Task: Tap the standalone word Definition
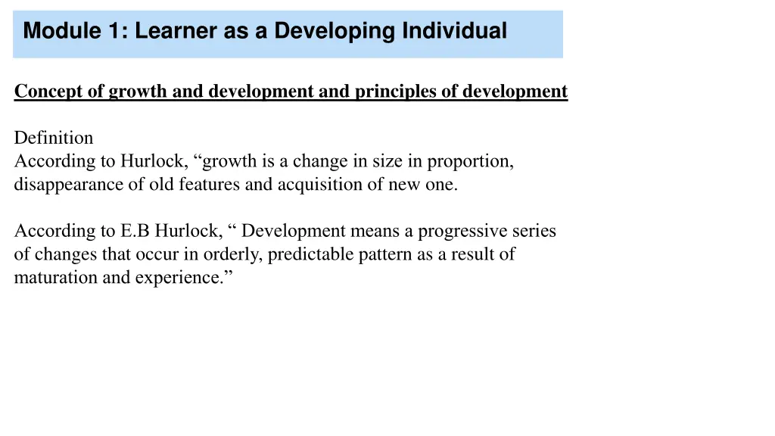[54, 138]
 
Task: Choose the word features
[210, 185]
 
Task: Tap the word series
[535, 231]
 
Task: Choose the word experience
[185, 278]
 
